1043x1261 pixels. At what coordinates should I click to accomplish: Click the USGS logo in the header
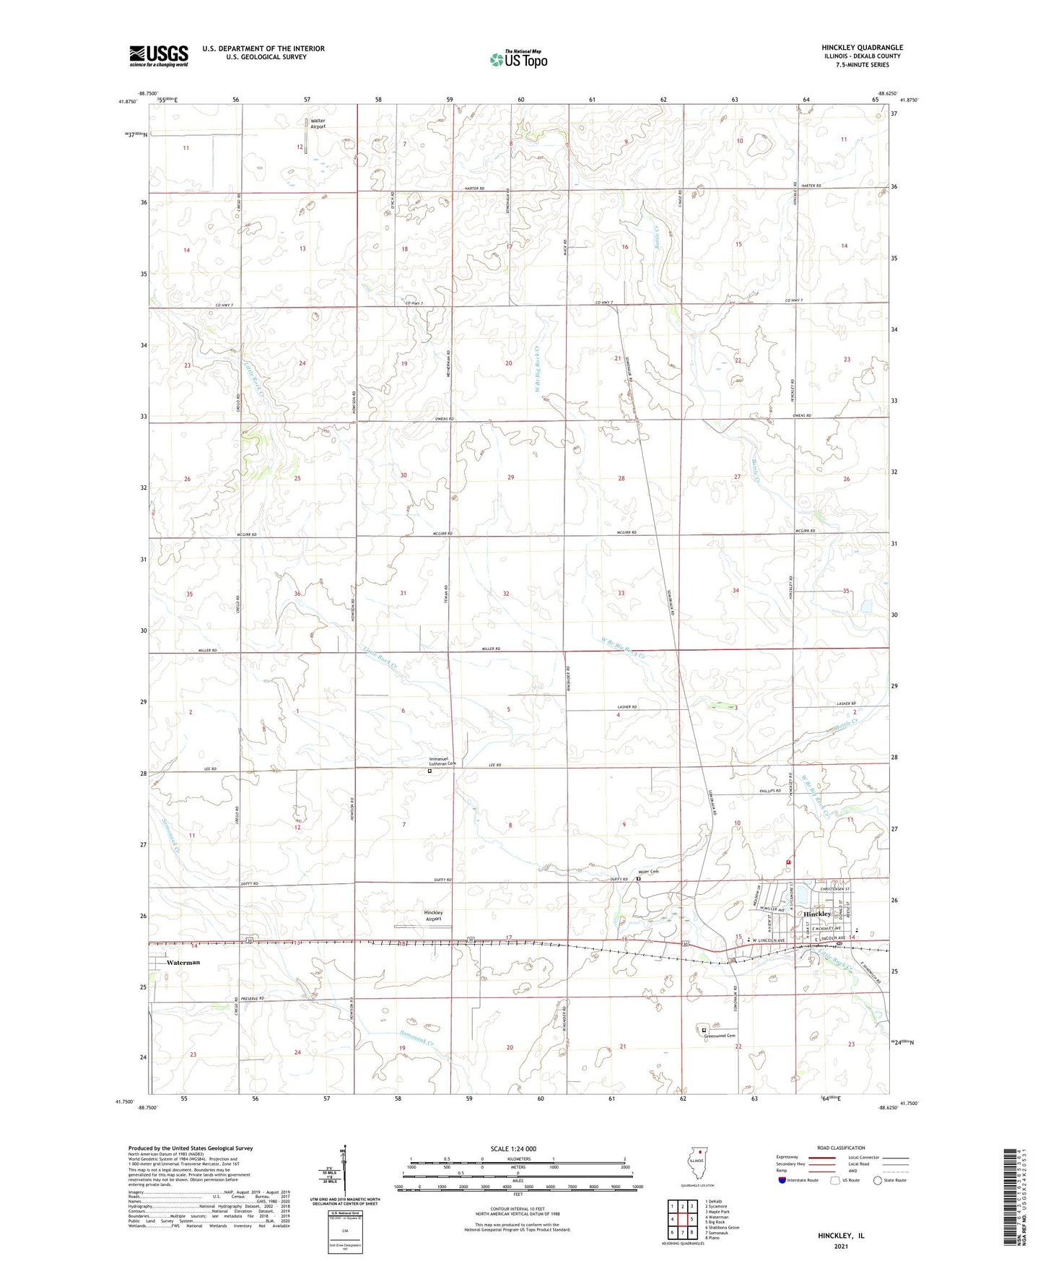pos(159,55)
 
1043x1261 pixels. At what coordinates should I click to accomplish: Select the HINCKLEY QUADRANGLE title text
pos(862,48)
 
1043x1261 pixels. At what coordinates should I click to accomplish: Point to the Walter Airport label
pos(318,123)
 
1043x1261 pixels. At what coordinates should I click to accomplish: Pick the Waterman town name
pos(183,963)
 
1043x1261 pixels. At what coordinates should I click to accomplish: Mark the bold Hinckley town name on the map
pos(818,914)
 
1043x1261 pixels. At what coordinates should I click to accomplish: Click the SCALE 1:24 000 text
pos(518,1148)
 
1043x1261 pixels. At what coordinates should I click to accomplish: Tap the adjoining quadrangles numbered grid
pos(681,1220)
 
